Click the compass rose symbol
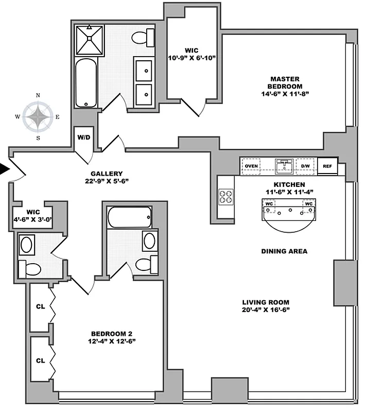pyautogui.click(x=38, y=116)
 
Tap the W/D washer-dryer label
pyautogui.click(x=84, y=138)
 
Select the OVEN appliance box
pyautogui.click(x=251, y=166)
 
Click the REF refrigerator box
pyautogui.click(x=327, y=166)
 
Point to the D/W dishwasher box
pyautogui.click(x=305, y=166)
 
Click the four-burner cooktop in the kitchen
pyautogui.click(x=225, y=196)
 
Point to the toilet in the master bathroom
pyautogui.click(x=143, y=37)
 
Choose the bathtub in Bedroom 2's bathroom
pyautogui.click(x=129, y=217)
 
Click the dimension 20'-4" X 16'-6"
pyautogui.click(x=266, y=310)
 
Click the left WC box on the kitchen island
pyautogui.click(x=268, y=203)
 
